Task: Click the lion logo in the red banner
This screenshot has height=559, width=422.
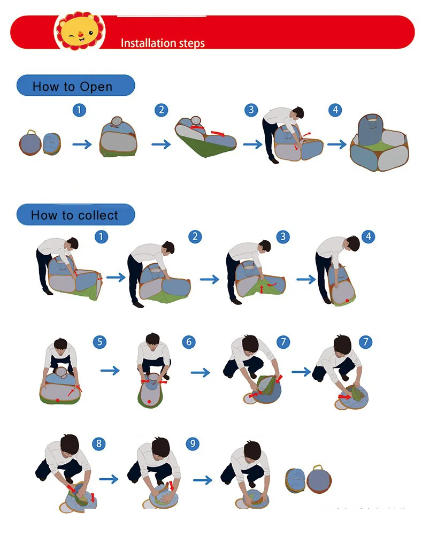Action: (79, 33)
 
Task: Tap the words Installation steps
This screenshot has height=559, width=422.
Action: (163, 43)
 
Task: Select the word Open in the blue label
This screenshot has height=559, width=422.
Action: (96, 87)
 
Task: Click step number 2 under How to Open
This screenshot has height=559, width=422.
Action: (161, 110)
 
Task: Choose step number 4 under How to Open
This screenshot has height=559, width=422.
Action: (335, 110)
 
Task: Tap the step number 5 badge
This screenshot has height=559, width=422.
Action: (99, 341)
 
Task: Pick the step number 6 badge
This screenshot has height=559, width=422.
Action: (188, 341)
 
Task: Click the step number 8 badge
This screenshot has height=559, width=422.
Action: (99, 443)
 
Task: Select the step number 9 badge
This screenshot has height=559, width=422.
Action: (193, 443)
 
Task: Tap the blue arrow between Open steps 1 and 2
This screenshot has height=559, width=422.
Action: (82, 144)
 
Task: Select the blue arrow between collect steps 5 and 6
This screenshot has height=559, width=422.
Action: (110, 371)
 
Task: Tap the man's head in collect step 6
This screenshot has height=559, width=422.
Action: (153, 340)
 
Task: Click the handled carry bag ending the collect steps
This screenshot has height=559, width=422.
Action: (319, 479)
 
